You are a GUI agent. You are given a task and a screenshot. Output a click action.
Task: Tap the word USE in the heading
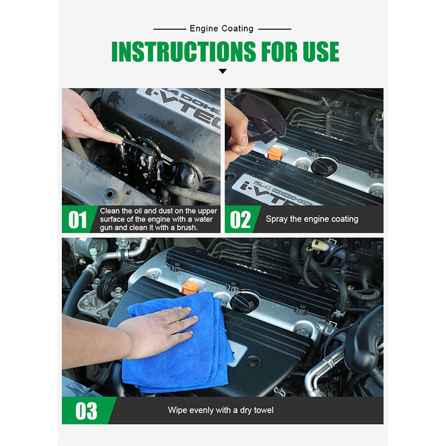point(321,52)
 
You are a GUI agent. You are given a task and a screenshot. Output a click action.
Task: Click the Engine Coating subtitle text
point(222,29)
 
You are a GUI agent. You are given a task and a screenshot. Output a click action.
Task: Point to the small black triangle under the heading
point(223,71)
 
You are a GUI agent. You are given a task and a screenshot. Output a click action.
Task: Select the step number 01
point(77,220)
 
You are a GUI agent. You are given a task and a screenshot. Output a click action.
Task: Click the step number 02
point(241,220)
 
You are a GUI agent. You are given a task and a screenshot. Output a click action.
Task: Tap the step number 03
point(86,411)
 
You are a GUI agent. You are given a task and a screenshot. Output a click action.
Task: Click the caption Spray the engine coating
point(312,219)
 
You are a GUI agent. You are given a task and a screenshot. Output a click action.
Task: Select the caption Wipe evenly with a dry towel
point(221,410)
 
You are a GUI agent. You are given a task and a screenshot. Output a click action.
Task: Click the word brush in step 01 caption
point(187,228)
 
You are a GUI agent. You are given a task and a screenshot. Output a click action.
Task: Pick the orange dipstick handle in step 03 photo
point(190,287)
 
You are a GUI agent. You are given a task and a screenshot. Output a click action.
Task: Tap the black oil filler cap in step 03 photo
point(244,302)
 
